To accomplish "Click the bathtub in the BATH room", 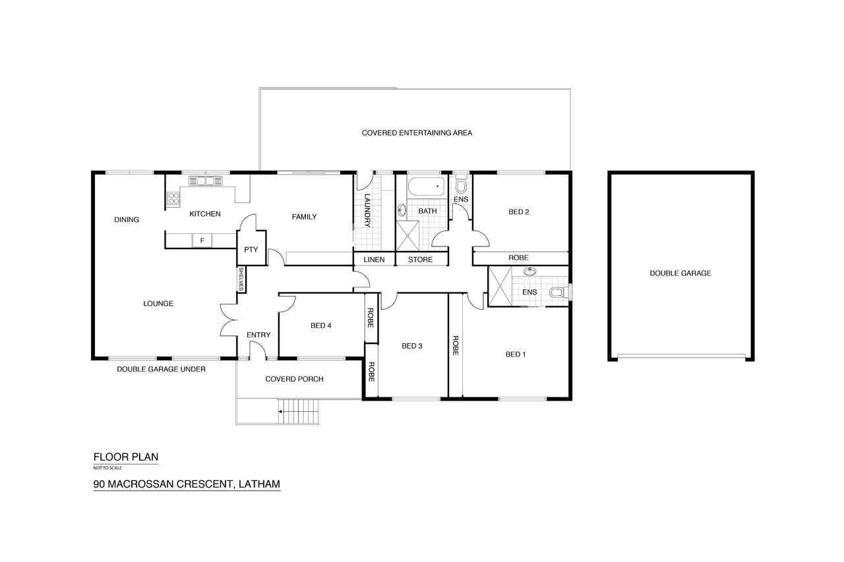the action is (x=426, y=186).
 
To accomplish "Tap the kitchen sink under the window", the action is (x=205, y=181).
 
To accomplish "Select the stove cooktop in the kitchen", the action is (x=173, y=198).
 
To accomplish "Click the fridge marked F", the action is (x=202, y=240).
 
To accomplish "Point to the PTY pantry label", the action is (x=251, y=249).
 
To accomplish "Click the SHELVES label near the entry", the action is (x=241, y=279).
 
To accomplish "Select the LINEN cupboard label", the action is (x=374, y=260).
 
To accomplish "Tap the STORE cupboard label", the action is (x=421, y=260).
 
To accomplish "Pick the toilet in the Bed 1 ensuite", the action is (x=560, y=292).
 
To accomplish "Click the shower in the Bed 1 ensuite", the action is (x=500, y=286).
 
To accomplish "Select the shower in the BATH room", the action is (x=407, y=236).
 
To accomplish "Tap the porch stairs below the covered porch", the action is (x=299, y=411).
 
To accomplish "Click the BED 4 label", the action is (x=321, y=325).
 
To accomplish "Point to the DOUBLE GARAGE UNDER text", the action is (x=162, y=369).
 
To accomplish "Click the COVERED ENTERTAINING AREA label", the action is (x=417, y=133).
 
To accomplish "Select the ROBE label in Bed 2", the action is (x=518, y=258).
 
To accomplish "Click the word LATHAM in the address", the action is (x=259, y=484).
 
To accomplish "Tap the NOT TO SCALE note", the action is (x=107, y=468).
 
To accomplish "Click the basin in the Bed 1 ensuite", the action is (x=530, y=271).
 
